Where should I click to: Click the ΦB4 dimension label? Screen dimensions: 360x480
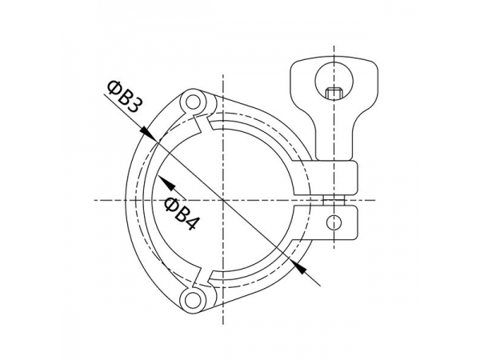pyautogui.click(x=182, y=211)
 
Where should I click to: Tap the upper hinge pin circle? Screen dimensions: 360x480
pyautogui.click(x=190, y=103)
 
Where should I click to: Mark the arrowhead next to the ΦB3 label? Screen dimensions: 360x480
pyautogui.click(x=146, y=132)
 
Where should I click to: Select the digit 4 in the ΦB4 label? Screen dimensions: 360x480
pyautogui.click(x=190, y=222)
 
